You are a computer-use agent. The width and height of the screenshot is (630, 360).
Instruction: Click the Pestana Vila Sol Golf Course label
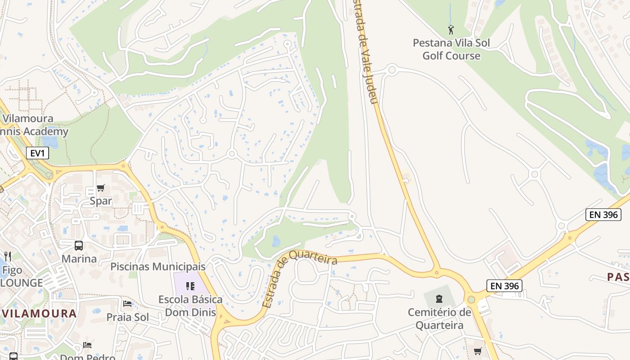pyautogui.click(x=451, y=49)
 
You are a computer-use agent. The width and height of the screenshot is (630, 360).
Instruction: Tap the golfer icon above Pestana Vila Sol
pyautogui.click(x=451, y=30)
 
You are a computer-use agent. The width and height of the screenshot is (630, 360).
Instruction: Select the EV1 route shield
pyautogui.click(x=37, y=153)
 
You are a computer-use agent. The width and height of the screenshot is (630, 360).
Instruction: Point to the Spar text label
pyautogui.click(x=101, y=201)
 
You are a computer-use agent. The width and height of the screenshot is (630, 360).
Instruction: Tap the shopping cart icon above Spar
pyautogui.click(x=100, y=188)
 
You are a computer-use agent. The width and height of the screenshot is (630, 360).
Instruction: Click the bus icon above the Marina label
pyautogui.click(x=79, y=246)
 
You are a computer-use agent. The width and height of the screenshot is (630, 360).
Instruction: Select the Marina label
pyautogui.click(x=79, y=259)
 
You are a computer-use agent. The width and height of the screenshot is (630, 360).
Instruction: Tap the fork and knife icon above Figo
pyautogui.click(x=8, y=256)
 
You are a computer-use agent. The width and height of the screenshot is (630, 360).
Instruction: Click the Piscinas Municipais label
pyautogui.click(x=158, y=266)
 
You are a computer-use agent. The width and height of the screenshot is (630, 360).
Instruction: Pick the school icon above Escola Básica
pyautogui.click(x=190, y=286)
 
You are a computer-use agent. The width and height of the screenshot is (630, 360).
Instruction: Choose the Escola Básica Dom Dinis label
pyautogui.click(x=190, y=306)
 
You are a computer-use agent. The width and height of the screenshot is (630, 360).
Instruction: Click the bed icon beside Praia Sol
pyautogui.click(x=127, y=304)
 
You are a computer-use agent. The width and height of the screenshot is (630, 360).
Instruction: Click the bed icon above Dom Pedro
pyautogui.click(x=87, y=345)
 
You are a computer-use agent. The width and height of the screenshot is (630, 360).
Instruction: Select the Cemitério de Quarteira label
pyautogui.click(x=439, y=319)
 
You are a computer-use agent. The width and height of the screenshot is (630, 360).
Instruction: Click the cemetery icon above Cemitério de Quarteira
pyautogui.click(x=439, y=298)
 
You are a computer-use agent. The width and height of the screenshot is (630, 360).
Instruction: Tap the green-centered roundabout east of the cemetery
pyautogui.click(x=471, y=299)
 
